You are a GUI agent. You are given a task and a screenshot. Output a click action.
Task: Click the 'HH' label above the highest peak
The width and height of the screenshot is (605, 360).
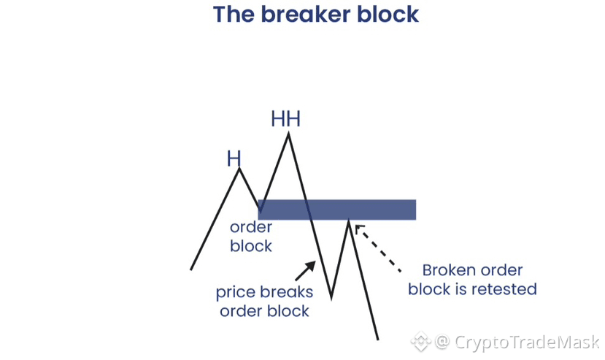click(285, 118)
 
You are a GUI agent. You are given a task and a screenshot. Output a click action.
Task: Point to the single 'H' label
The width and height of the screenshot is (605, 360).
click(234, 158)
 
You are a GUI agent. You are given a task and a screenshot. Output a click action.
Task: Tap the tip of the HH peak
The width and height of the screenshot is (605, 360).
click(288, 133)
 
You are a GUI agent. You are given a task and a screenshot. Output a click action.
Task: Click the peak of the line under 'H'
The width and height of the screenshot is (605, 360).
click(239, 169)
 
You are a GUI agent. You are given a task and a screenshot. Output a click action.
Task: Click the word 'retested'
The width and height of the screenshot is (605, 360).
click(504, 289)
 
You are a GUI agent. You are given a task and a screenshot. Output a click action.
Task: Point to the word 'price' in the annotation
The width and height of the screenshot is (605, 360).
click(236, 293)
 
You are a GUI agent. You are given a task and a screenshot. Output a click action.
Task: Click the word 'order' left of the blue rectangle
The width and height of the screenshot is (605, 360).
click(250, 228)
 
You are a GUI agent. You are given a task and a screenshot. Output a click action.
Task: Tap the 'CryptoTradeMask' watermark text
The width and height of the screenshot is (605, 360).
click(525, 342)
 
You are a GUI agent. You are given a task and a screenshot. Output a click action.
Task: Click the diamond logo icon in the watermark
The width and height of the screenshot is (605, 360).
click(421, 342)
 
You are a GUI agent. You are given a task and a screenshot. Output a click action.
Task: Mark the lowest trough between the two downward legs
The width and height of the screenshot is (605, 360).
click(331, 297)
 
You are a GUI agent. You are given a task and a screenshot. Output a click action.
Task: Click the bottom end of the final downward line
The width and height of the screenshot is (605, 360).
click(378, 339)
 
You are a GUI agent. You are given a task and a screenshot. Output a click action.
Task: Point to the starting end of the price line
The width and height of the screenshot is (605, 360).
click(191, 269)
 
